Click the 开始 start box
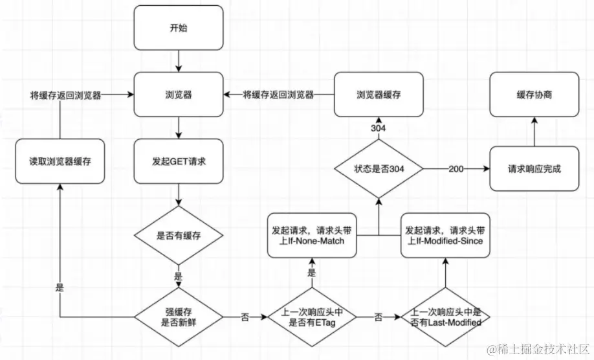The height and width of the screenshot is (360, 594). pyautogui.click(x=179, y=28)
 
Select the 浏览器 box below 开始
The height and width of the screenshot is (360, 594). pyautogui.click(x=179, y=95)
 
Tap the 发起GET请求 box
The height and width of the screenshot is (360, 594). pyautogui.click(x=179, y=161)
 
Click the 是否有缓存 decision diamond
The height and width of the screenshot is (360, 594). pyautogui.click(x=179, y=235)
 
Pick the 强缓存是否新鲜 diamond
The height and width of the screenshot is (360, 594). pyautogui.click(x=179, y=317)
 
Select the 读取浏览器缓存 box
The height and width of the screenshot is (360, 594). pyautogui.click(x=60, y=161)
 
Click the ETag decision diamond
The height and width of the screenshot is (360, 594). pyautogui.click(x=312, y=317)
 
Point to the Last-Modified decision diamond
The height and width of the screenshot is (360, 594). pyautogui.click(x=445, y=317)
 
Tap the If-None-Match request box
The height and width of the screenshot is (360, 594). pyautogui.click(x=312, y=235)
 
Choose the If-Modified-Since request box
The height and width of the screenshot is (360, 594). pyautogui.click(x=445, y=235)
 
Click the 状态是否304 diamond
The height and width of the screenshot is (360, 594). pyautogui.click(x=379, y=168)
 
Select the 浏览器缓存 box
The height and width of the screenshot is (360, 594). pyautogui.click(x=379, y=95)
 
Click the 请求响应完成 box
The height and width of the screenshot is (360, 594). pyautogui.click(x=534, y=168)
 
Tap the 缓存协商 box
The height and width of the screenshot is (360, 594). pyautogui.click(x=534, y=95)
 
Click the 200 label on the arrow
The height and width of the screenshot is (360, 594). pyautogui.click(x=456, y=169)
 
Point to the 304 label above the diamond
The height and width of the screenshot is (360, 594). pyautogui.click(x=378, y=128)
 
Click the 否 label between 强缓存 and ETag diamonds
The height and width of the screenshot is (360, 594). pyautogui.click(x=245, y=317)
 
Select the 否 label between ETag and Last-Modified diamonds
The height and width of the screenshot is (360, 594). pyautogui.click(x=379, y=317)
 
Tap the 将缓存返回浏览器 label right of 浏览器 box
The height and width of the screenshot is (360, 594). pyautogui.click(x=278, y=95)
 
